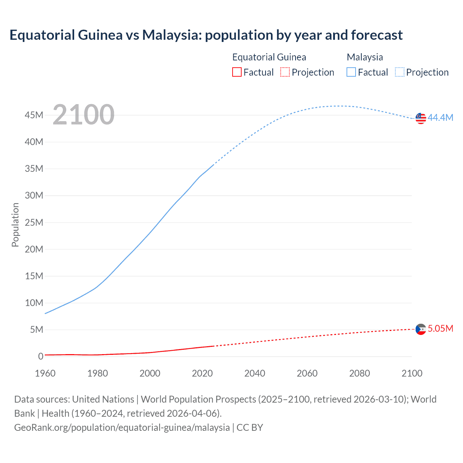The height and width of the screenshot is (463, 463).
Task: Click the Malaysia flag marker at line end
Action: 421,118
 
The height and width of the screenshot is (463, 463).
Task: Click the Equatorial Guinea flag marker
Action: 421,329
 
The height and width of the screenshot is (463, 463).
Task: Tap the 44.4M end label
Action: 440,118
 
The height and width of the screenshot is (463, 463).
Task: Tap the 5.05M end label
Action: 440,328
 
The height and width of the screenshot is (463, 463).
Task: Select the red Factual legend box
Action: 237,72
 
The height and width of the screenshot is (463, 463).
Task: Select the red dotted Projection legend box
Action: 285,72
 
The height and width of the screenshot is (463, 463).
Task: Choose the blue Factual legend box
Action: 351,72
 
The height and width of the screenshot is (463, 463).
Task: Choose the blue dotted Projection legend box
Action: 399,72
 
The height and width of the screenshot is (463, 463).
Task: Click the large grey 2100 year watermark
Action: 84,115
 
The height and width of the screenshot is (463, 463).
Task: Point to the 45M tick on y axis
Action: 34,115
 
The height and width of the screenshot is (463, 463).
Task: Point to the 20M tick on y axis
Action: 34,249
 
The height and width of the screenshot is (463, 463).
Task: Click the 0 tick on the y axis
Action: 41,356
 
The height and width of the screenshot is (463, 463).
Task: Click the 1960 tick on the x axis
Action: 45,373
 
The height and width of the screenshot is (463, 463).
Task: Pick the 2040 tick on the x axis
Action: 255,373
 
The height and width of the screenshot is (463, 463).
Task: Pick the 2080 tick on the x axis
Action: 360,373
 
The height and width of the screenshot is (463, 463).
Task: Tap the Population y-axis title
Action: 15,225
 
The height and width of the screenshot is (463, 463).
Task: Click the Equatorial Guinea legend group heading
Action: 269,57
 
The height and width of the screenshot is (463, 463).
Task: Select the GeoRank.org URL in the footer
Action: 122,428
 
